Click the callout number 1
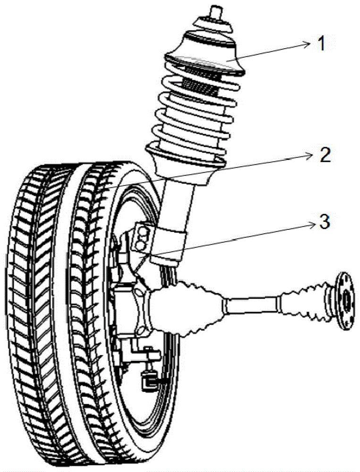[322, 45]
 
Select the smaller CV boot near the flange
[302, 295]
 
